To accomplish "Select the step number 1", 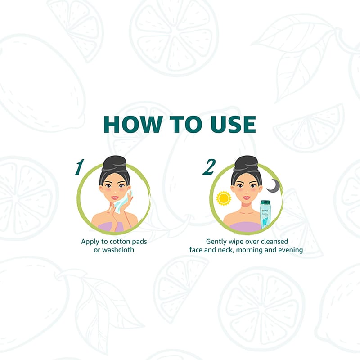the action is (x=80, y=167).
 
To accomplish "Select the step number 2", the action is (x=209, y=167).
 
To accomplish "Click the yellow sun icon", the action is (x=223, y=198).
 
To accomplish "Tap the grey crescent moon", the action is (x=274, y=185).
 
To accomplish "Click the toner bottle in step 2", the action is (x=265, y=215).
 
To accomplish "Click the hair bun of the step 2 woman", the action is (x=246, y=163).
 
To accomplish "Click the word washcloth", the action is (x=118, y=250).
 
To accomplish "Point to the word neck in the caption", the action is (x=226, y=250).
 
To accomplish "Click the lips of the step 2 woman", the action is (x=246, y=198).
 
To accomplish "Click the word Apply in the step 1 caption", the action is (x=90, y=242).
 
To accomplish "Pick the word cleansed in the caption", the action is (x=274, y=242).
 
